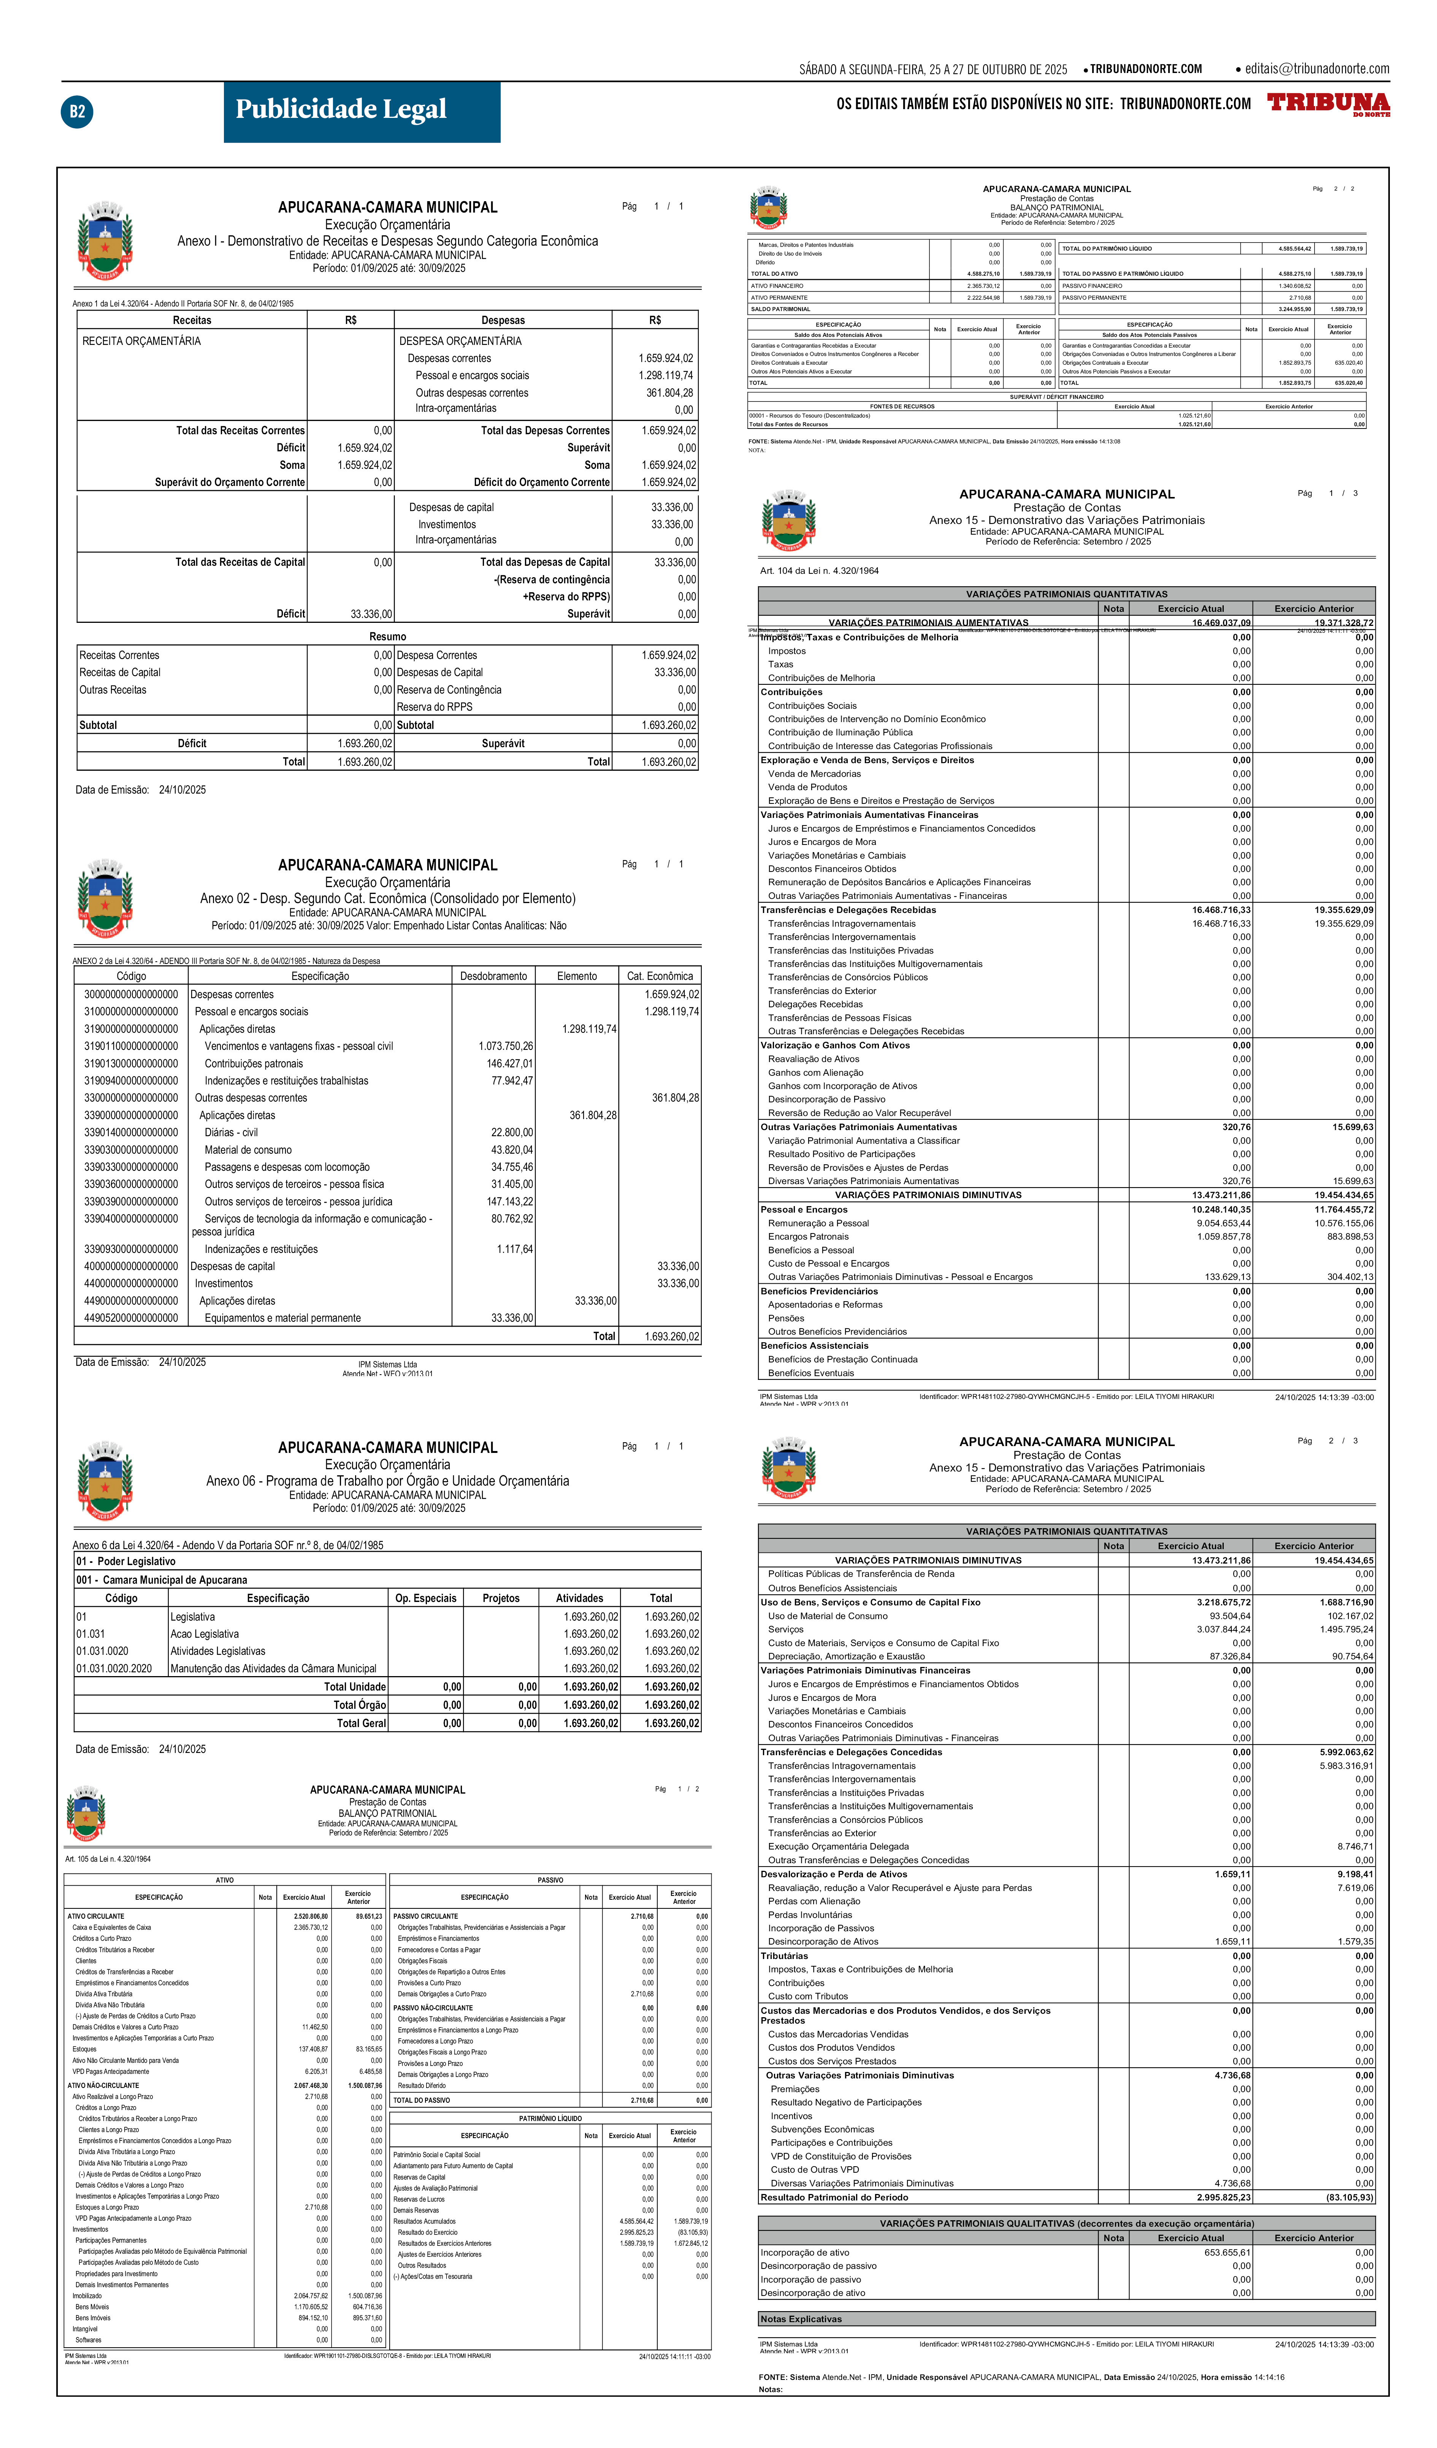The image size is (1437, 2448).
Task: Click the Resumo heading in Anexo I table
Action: tap(387, 636)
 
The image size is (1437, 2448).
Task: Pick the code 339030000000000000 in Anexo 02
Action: tap(131, 1149)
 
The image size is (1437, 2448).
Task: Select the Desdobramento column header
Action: tap(493, 975)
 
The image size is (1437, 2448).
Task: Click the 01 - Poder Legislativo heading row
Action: tap(126, 1561)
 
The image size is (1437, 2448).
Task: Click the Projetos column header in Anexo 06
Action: tap(501, 1598)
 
